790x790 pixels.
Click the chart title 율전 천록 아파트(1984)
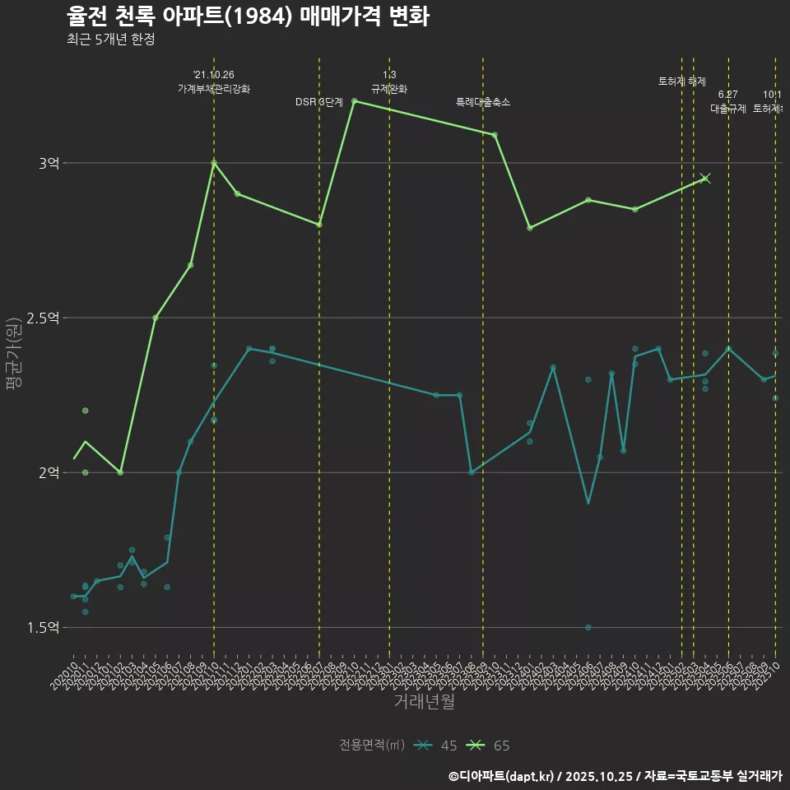click(x=247, y=16)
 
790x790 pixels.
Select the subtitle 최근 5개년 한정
click(x=110, y=39)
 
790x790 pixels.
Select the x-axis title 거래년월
click(x=424, y=702)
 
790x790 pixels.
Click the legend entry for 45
click(x=436, y=746)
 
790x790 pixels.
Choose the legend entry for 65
click(x=489, y=746)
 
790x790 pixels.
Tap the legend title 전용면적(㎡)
click(x=371, y=746)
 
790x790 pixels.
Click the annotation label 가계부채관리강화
click(x=214, y=89)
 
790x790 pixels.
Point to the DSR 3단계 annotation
click(x=318, y=102)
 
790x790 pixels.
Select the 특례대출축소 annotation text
click(x=483, y=102)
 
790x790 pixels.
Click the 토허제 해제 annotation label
click(x=682, y=81)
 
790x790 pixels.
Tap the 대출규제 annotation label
click(x=728, y=109)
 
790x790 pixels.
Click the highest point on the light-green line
click(x=354, y=101)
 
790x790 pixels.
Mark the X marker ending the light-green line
click(x=705, y=178)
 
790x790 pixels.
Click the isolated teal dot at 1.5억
click(x=588, y=627)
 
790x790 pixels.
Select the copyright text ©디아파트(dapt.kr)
click(x=502, y=776)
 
